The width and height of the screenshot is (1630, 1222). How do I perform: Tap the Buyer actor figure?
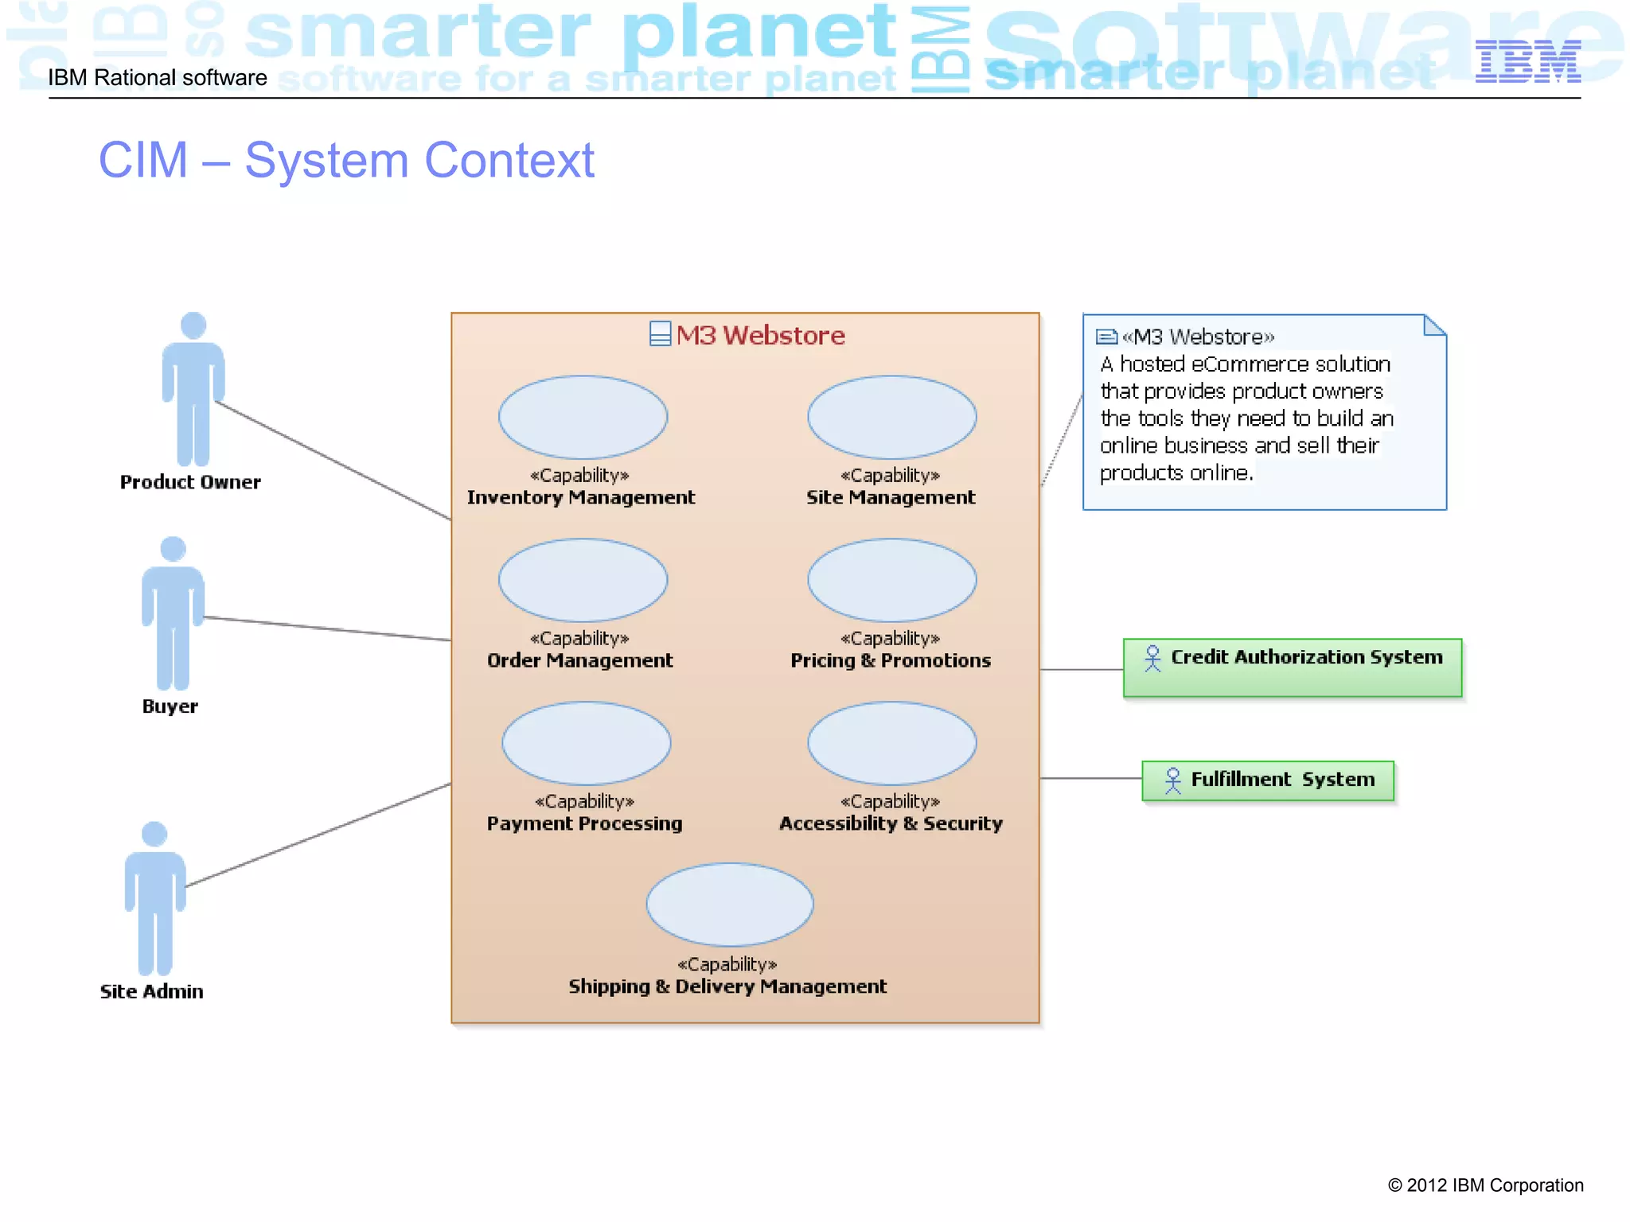tap(173, 613)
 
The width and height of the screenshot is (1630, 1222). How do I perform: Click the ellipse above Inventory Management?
tap(583, 417)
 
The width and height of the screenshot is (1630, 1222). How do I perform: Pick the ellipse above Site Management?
tap(891, 417)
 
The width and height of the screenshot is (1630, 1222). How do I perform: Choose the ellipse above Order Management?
tap(583, 580)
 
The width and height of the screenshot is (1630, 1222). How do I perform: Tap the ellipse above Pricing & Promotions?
tap(891, 580)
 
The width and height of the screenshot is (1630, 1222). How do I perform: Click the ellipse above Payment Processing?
tap(586, 743)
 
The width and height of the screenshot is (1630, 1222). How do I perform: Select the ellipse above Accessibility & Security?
tap(891, 743)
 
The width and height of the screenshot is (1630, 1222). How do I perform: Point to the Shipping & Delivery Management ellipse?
tap(729, 905)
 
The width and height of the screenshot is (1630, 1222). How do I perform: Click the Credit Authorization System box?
tap(1292, 668)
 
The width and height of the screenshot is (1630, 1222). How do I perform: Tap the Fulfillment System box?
tap(1267, 780)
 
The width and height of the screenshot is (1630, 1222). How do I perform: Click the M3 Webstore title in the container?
tap(759, 336)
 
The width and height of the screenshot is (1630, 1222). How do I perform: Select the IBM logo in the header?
tap(1527, 61)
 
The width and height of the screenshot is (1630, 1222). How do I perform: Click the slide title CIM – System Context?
tap(346, 160)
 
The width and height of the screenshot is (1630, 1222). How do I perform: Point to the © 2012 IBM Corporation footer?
tap(1485, 1185)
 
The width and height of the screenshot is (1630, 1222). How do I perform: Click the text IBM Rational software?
tap(158, 78)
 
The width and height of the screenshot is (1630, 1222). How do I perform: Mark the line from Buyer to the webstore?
tap(326, 629)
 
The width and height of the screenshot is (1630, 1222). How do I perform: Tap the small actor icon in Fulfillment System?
tap(1172, 780)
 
